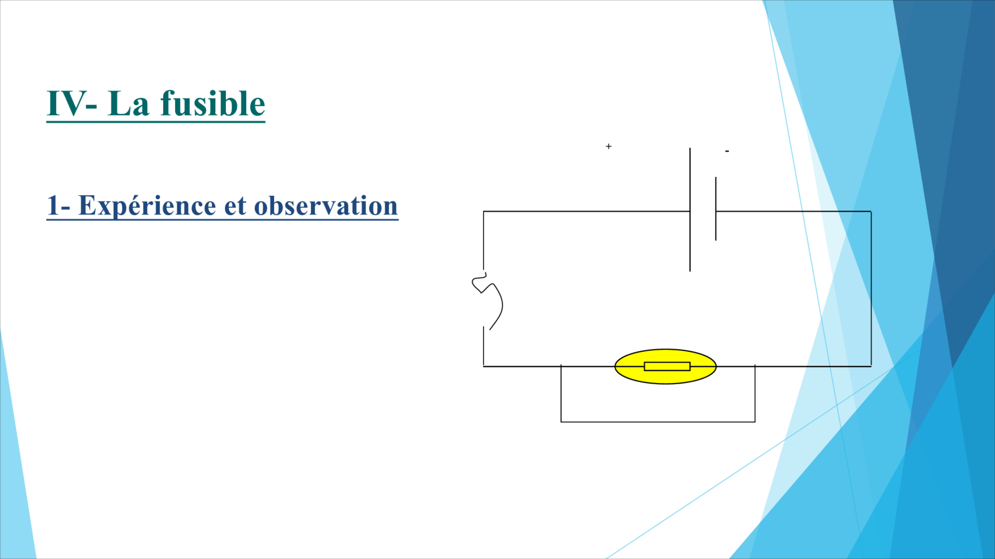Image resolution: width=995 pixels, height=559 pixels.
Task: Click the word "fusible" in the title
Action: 213,103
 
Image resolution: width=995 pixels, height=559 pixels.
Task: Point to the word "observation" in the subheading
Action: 326,205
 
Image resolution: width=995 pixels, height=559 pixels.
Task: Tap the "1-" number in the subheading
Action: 58,205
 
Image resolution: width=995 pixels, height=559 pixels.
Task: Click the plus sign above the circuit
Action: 609,146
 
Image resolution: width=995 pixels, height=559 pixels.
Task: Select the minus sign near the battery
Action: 727,151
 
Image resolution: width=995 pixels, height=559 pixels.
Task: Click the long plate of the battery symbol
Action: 690,209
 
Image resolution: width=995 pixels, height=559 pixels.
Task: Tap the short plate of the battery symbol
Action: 716,209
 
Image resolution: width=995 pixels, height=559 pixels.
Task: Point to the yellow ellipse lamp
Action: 665,367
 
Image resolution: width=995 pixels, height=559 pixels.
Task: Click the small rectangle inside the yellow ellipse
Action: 667,367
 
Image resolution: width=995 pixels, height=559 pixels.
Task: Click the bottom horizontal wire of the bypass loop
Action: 658,422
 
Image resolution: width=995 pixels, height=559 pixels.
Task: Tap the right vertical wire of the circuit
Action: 871,289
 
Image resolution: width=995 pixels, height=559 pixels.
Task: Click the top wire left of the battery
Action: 587,212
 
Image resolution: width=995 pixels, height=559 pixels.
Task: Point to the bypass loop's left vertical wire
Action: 561,393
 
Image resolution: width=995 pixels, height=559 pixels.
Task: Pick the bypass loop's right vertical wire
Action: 755,393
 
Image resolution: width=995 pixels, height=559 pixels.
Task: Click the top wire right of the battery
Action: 793,212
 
